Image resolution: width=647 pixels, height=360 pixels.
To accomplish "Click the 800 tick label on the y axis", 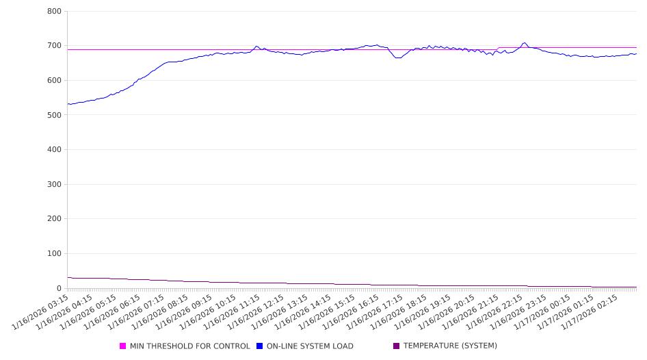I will click(x=55, y=12).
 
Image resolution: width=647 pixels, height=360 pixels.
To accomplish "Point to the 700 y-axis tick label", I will click(x=55, y=46).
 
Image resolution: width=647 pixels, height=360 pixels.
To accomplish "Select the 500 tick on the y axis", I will click(x=55, y=115).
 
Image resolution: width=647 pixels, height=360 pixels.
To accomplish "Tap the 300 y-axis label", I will click(x=55, y=184).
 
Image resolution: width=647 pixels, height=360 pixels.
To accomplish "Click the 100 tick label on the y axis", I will click(x=55, y=253).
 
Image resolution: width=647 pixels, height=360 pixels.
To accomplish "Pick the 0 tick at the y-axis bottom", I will click(x=60, y=288).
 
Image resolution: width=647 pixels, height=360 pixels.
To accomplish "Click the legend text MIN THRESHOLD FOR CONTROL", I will click(x=189, y=346).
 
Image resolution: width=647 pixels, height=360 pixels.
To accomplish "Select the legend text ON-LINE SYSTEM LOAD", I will click(x=310, y=346).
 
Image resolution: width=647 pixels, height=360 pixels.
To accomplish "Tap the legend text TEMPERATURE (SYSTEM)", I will click(x=450, y=346).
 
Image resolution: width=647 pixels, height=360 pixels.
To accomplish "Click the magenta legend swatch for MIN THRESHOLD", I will click(x=123, y=346).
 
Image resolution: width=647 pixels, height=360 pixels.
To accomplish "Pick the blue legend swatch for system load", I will click(x=260, y=346).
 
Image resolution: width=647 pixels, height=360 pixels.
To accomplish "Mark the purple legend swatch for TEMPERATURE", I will click(x=397, y=346).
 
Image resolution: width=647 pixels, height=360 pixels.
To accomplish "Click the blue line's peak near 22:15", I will click(x=525, y=43).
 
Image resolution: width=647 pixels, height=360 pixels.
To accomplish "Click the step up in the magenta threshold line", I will click(x=499, y=48).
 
